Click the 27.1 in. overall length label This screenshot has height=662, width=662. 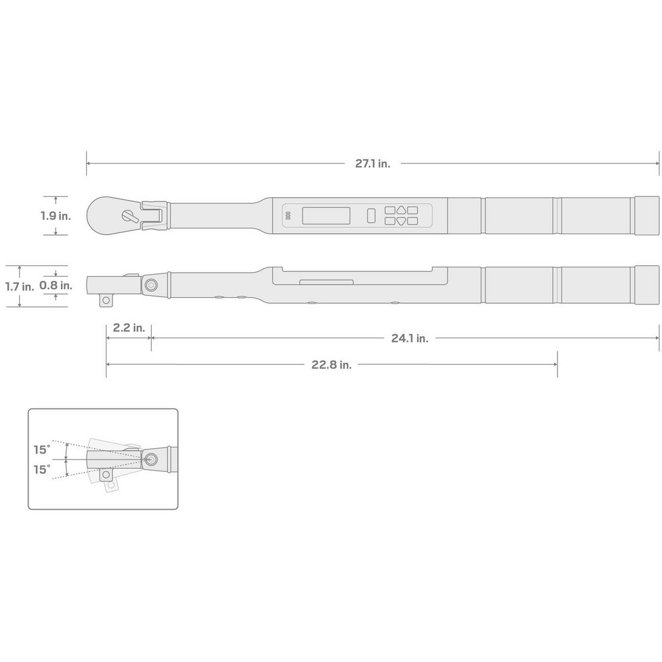click(373, 164)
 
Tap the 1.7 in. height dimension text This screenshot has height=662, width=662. click(19, 287)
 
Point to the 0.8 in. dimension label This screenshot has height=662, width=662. click(56, 286)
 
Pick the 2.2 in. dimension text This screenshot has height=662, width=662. click(128, 328)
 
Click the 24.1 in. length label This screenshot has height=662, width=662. click(410, 338)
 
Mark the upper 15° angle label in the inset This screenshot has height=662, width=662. click(42, 449)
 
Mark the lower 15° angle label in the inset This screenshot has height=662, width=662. click(42, 469)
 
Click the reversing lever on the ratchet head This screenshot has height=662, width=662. click(130, 215)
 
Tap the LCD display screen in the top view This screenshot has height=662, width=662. click(326, 215)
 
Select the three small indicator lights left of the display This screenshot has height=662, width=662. click(288, 216)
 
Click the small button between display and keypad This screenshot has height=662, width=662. click(371, 215)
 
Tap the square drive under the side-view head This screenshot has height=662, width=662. click(105, 301)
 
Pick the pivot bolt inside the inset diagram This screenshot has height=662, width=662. click(152, 459)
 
